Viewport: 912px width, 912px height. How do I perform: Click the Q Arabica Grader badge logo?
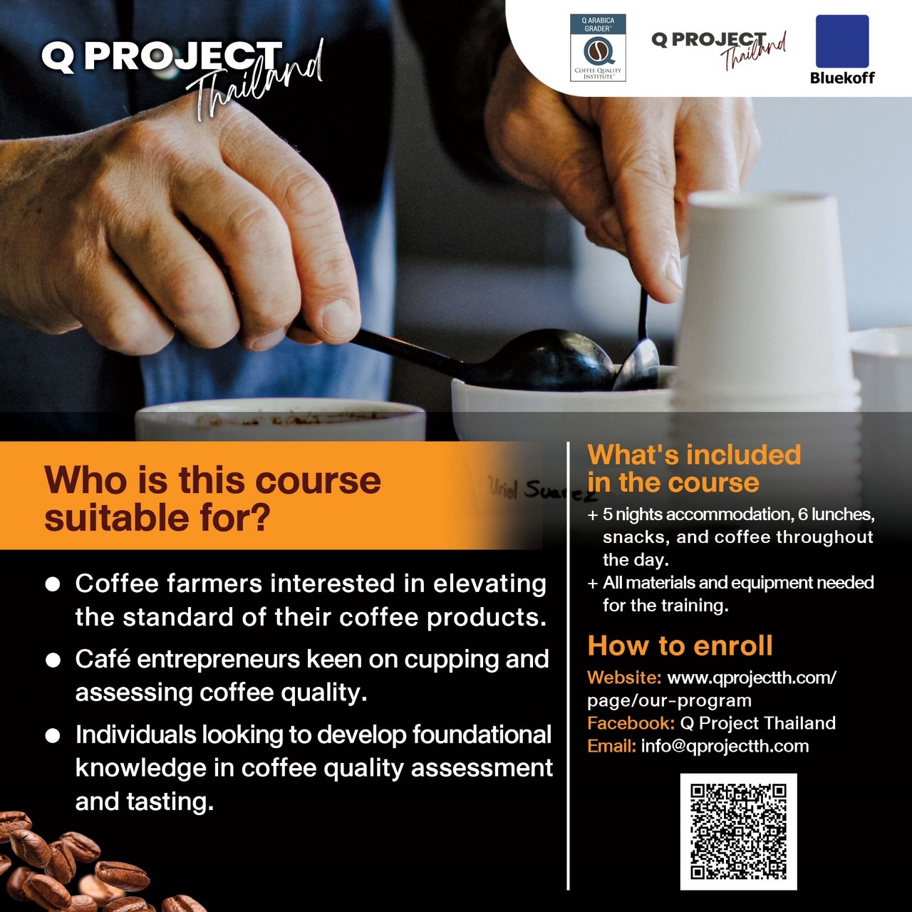tap(598, 48)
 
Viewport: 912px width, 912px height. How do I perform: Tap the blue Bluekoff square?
tap(842, 41)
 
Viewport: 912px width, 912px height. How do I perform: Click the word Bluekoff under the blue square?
tap(842, 78)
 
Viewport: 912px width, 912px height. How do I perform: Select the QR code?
tap(738, 832)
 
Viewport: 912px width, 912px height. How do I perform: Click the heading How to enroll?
tap(680, 646)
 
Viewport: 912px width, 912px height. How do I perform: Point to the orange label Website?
tap(624, 678)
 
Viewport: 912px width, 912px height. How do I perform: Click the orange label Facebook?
tap(631, 723)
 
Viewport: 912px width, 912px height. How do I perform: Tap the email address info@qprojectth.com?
tap(725, 747)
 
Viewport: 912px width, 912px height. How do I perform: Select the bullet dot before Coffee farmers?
tap(53, 584)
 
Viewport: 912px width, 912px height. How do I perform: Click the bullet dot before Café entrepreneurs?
tap(53, 660)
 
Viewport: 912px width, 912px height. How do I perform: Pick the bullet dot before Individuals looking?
tap(53, 736)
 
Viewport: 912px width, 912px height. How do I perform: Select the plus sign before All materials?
tap(593, 584)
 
